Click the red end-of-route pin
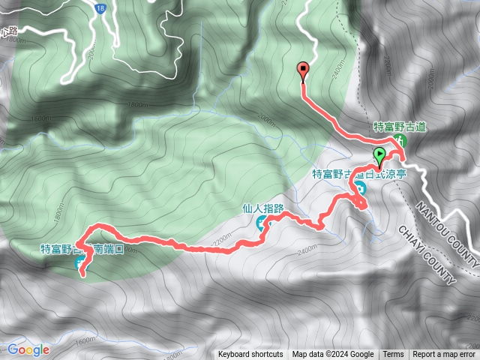[303, 70]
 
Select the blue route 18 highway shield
[100, 7]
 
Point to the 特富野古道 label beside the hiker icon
[400, 127]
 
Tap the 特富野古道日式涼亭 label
[359, 173]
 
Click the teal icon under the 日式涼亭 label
[361, 187]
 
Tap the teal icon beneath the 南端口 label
[80, 262]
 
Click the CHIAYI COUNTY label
[428, 254]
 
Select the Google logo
[28, 349]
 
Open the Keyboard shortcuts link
[250, 355]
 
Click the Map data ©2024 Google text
[332, 355]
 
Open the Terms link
[393, 355]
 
